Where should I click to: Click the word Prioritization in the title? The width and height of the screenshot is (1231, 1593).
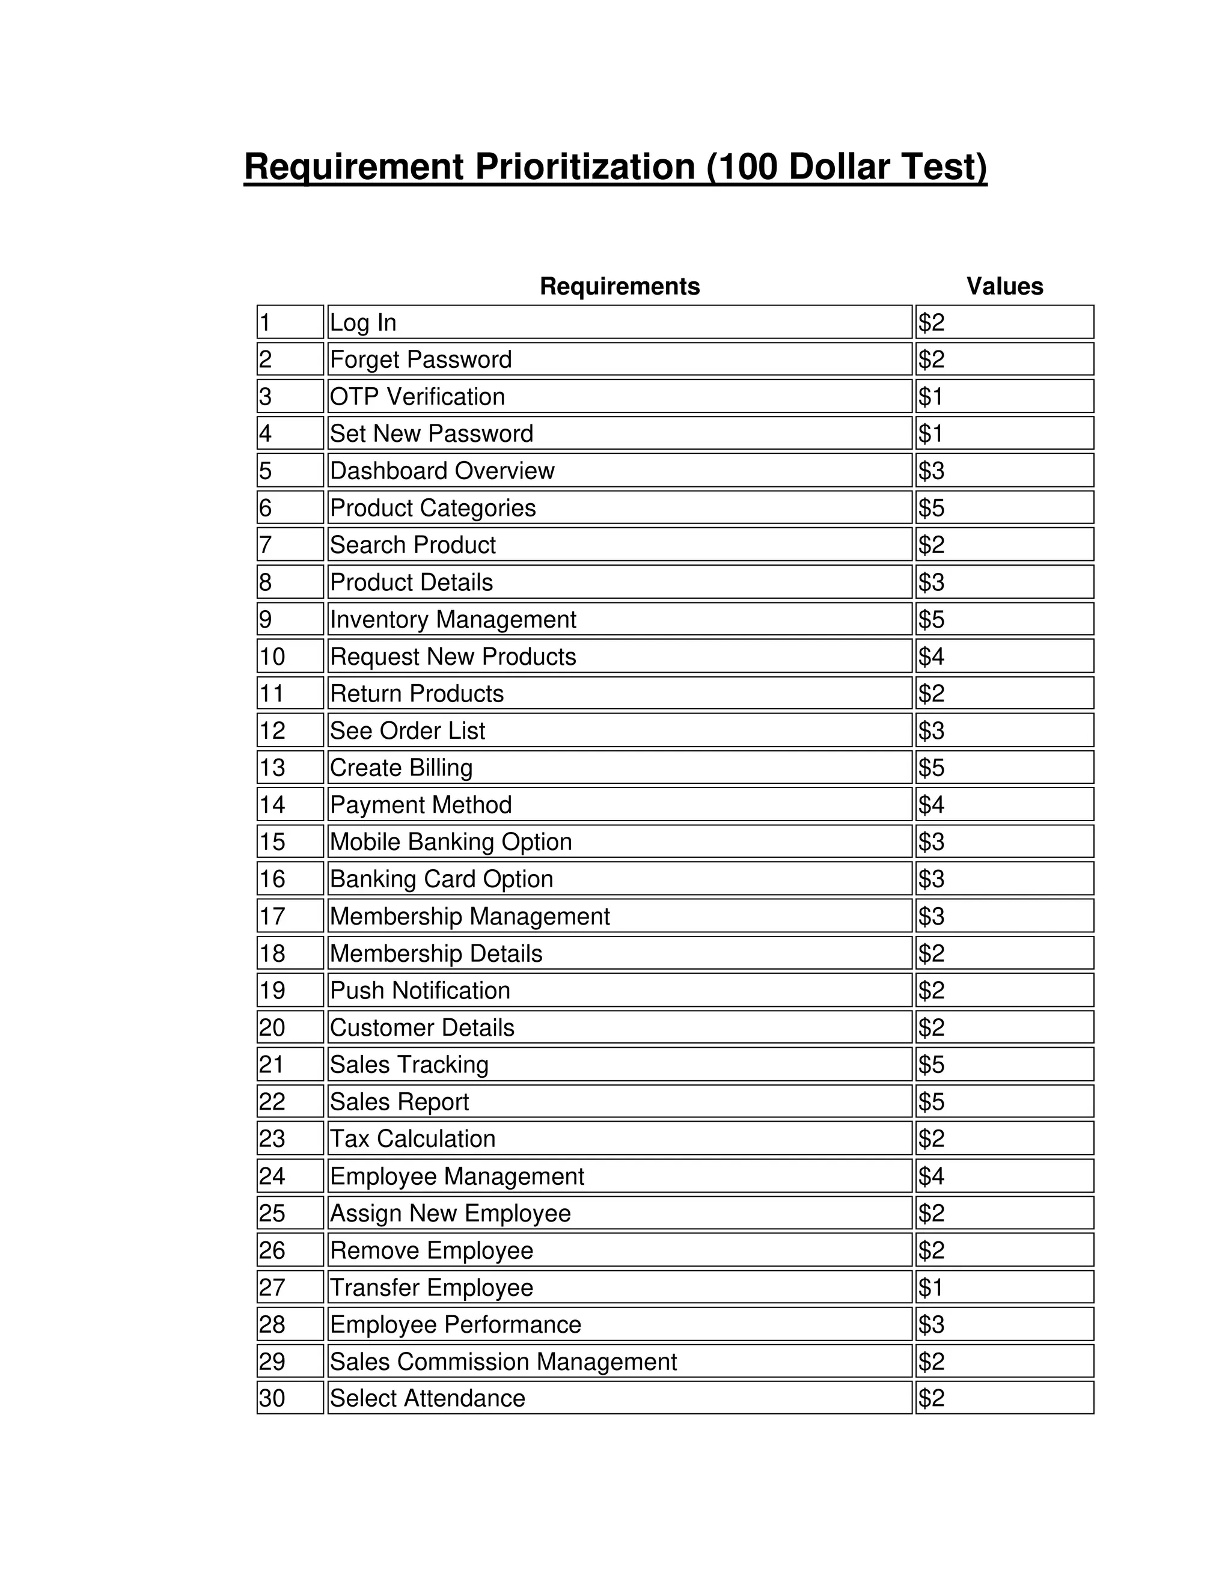[585, 167]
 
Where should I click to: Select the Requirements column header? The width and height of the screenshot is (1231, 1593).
[619, 286]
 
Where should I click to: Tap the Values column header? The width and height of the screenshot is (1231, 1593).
[1004, 286]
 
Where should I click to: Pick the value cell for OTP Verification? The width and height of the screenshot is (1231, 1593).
[1004, 397]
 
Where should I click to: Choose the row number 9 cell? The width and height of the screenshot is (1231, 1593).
[290, 619]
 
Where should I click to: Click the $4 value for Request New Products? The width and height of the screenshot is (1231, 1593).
[1004, 656]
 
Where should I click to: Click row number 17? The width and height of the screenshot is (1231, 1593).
[290, 916]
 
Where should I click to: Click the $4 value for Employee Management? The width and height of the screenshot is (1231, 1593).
[1004, 1176]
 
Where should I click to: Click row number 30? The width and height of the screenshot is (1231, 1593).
[290, 1398]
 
